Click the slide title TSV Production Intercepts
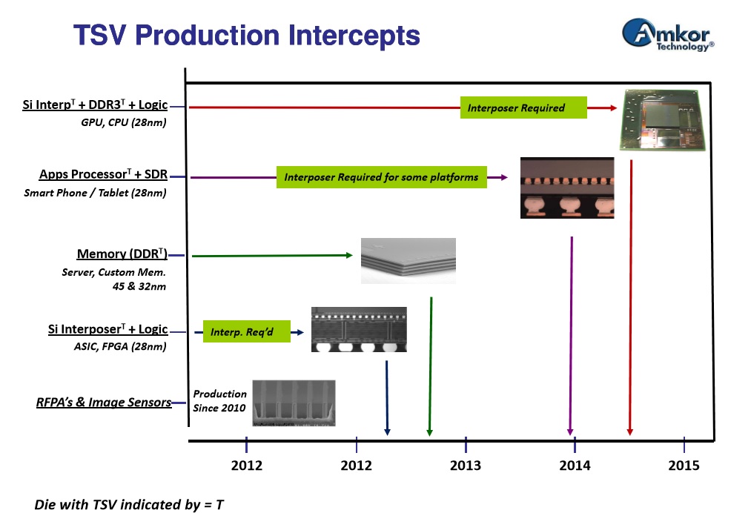click(x=246, y=35)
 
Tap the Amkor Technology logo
click(x=667, y=36)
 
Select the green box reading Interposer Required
click(x=523, y=107)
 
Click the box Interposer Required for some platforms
click(x=382, y=177)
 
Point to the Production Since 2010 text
click(x=219, y=401)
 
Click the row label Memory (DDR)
click(x=122, y=254)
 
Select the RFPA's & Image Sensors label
click(x=104, y=403)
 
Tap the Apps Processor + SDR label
click(x=103, y=175)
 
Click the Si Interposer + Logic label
click(x=107, y=329)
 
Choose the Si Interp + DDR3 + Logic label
click(x=95, y=105)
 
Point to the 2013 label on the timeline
click(x=466, y=466)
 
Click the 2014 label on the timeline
click(x=575, y=466)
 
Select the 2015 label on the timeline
click(x=684, y=466)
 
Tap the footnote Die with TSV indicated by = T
click(x=129, y=504)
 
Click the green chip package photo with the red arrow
click(x=662, y=120)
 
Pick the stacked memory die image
click(x=408, y=260)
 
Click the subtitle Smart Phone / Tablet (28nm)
click(x=95, y=193)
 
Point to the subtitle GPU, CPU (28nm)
click(x=123, y=122)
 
